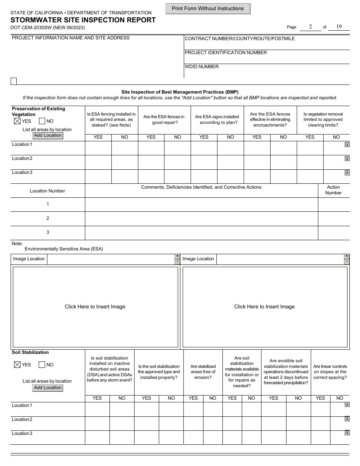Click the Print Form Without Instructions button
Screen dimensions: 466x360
tap(208, 9)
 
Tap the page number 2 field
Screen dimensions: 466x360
tap(310, 27)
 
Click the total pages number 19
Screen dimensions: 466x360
tap(338, 27)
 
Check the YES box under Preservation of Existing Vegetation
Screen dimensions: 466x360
tap(17, 121)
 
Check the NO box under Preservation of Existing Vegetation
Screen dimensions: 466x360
tap(42, 121)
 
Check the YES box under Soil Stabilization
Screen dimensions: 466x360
tap(17, 365)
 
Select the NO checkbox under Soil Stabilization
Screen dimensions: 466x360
tap(42, 365)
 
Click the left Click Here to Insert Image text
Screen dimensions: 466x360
tap(95, 307)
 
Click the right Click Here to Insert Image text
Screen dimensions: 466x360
tap(264, 307)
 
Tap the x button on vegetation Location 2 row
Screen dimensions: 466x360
tap(347, 159)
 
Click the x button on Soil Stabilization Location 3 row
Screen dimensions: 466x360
tap(347, 433)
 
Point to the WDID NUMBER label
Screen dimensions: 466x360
tap(202, 67)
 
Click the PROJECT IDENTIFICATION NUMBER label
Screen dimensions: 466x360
tap(225, 53)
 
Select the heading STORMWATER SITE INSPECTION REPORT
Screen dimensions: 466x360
tap(83, 20)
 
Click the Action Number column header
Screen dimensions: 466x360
tap(333, 190)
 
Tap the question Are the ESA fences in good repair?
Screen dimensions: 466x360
tap(164, 120)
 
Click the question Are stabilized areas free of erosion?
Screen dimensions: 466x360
tap(203, 372)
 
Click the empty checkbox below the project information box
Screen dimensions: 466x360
tap(14, 81)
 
